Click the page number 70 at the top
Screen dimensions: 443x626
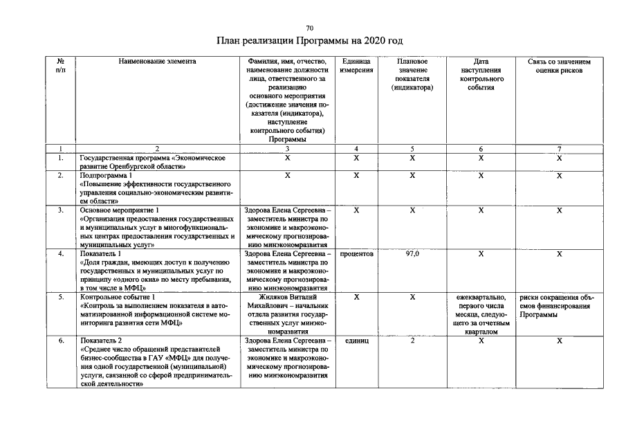[309, 28]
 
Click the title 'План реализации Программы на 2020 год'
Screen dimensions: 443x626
[309, 42]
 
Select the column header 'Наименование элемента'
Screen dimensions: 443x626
[157, 62]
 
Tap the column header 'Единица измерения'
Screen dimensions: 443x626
[356, 66]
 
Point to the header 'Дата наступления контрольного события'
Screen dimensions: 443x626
[481, 75]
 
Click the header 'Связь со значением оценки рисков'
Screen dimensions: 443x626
[559, 66]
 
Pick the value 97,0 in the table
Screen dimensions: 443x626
[412, 254]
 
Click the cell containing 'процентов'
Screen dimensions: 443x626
[356, 254]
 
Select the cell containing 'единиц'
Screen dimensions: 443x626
[356, 341]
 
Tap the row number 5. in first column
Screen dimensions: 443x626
[61, 297]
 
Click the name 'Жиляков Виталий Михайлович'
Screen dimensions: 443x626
[287, 301]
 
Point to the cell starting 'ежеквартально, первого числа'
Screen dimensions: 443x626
[481, 314]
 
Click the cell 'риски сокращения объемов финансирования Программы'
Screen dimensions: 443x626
[559, 306]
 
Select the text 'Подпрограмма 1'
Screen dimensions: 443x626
[106, 175]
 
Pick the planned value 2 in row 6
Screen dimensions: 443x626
[412, 341]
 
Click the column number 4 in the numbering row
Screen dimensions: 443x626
[356, 149]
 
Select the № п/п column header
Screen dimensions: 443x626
[61, 66]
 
